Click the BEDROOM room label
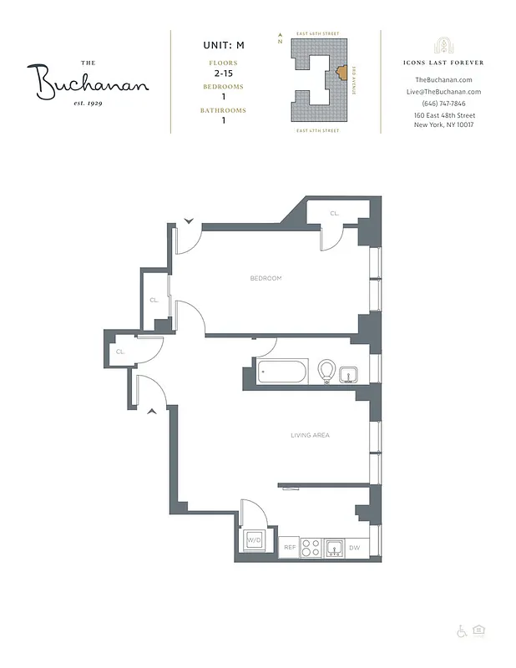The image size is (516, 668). point(266,278)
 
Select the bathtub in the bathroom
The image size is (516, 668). point(284,372)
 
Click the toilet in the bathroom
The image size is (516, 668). point(326,370)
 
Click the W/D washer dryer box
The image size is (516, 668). point(254,541)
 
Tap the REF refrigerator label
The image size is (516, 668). point(289,548)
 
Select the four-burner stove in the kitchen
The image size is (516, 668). point(311,548)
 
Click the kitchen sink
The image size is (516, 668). point(333,548)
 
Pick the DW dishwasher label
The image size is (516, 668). point(355,548)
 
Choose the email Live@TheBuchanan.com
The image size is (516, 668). point(443,91)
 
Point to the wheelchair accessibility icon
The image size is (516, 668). point(462,630)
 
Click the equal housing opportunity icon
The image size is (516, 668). point(479,630)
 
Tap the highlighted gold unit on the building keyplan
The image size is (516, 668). point(341,73)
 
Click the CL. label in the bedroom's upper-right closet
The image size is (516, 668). point(334,214)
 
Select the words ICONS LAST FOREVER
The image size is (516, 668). point(443,63)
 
